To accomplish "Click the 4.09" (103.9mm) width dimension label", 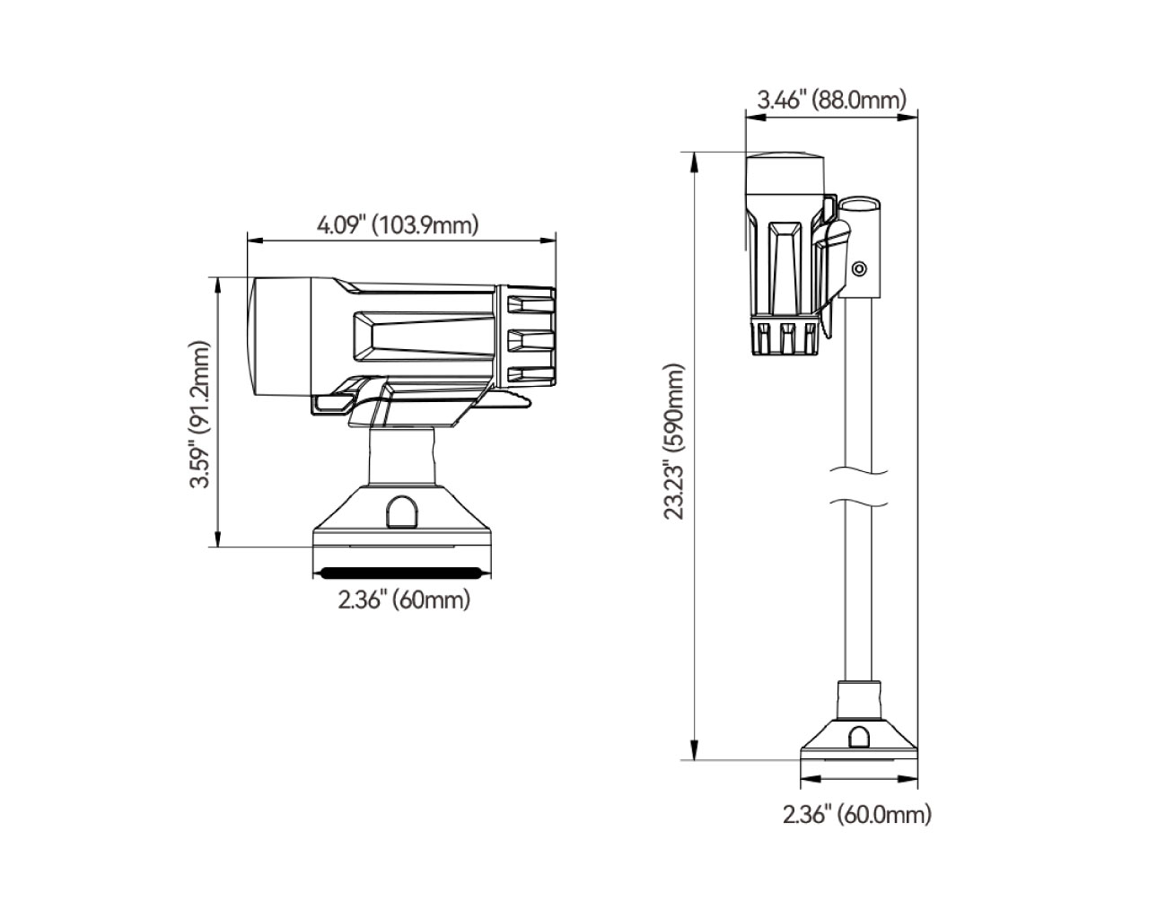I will pyautogui.click(x=397, y=224).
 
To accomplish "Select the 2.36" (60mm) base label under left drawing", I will pyautogui.click(x=404, y=600).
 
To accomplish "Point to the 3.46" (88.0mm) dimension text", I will pyautogui.click(x=831, y=99).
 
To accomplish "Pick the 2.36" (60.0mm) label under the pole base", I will pyautogui.click(x=856, y=815).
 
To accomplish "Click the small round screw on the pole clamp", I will pyautogui.click(x=860, y=268).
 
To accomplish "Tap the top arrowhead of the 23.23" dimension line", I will pyautogui.click(x=694, y=160).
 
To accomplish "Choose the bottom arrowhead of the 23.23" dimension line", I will pyautogui.click(x=694, y=753).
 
